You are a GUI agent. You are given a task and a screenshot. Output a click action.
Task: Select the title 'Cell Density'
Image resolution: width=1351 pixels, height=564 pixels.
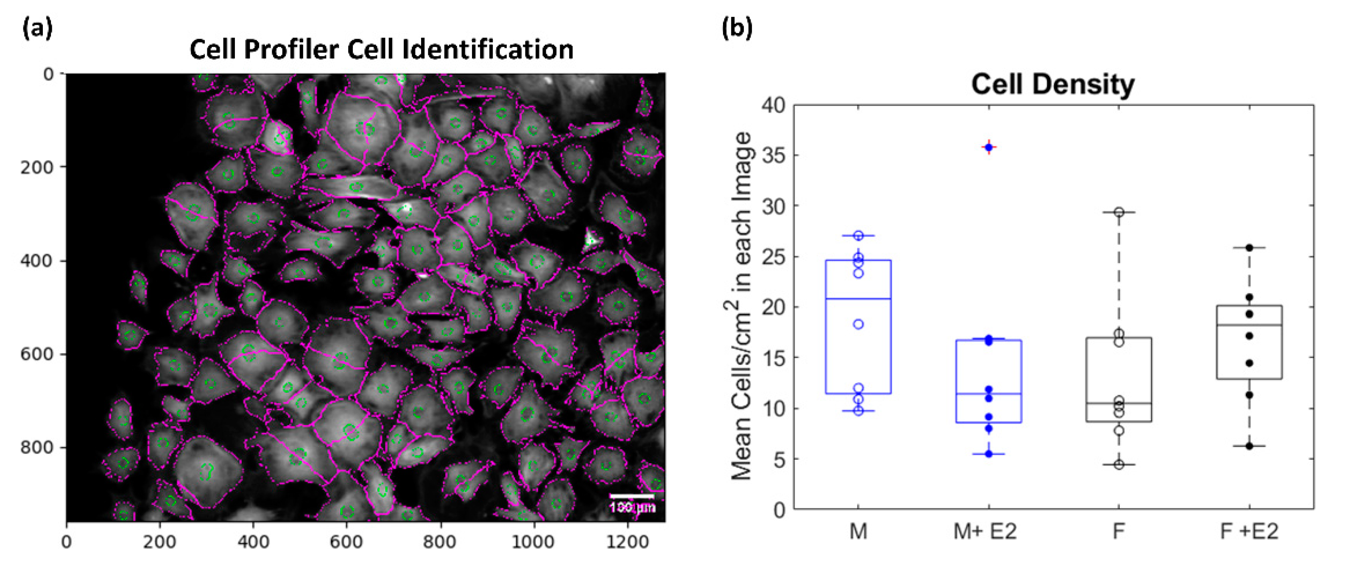(x=1052, y=84)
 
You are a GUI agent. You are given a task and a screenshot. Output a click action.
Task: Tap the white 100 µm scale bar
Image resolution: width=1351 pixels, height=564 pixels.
(x=631, y=496)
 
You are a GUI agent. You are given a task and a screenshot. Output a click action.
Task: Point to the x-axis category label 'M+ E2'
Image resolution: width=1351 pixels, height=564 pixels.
(x=985, y=531)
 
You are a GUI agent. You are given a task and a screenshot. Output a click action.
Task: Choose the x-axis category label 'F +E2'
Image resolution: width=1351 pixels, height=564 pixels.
(x=1249, y=531)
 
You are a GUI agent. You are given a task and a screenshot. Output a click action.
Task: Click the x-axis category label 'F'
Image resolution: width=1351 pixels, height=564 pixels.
(x=1119, y=531)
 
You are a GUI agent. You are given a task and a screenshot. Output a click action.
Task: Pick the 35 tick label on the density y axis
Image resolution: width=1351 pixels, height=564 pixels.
(x=773, y=156)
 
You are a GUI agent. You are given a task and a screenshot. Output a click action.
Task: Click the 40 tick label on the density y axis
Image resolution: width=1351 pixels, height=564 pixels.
(x=773, y=106)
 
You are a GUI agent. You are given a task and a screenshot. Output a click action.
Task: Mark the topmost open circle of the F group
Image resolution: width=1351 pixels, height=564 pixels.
(x=1119, y=212)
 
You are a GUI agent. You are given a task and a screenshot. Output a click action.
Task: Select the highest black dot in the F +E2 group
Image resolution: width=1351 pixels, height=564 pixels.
(x=1249, y=247)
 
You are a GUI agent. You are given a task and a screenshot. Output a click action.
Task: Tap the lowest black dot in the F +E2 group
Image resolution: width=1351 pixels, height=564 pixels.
(x=1249, y=446)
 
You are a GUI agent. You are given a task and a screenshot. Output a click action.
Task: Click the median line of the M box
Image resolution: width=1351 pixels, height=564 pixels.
(x=858, y=299)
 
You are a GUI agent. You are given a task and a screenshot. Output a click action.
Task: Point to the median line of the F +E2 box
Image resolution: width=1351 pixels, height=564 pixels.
(x=1249, y=325)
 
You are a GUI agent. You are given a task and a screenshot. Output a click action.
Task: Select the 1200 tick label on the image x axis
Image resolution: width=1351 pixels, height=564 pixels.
(x=627, y=542)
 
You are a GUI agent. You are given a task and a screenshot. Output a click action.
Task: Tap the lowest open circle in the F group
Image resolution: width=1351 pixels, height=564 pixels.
(x=1119, y=464)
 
